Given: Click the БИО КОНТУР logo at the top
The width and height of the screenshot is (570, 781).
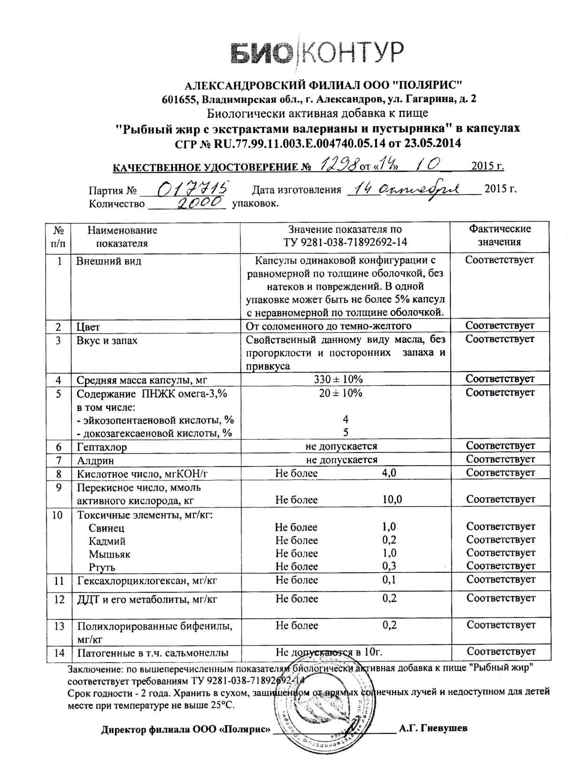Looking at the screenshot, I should [x=317, y=52].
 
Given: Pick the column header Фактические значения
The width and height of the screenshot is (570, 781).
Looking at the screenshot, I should [x=500, y=236].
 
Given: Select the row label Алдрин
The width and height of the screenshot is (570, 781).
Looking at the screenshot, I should [x=95, y=460].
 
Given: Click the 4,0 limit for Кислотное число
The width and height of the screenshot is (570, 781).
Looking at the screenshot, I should [x=390, y=473].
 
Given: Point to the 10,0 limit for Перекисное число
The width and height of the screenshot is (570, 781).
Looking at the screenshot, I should [x=392, y=500].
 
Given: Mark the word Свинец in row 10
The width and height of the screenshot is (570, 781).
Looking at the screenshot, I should [x=107, y=528].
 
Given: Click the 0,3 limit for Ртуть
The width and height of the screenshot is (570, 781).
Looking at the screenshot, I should [x=390, y=566].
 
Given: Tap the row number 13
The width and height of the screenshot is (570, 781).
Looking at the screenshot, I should [x=59, y=626].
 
